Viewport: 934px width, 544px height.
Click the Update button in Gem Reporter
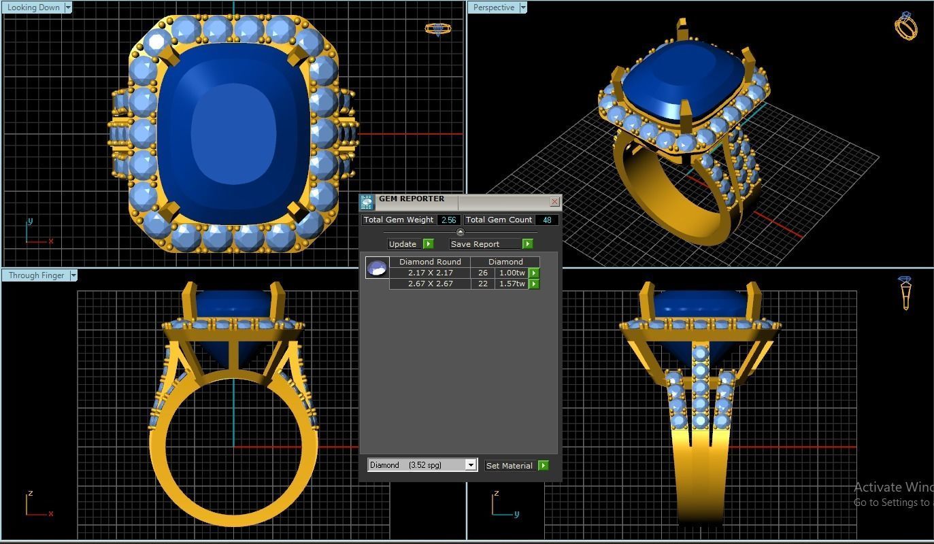[x=403, y=244]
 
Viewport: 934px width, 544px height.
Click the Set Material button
[x=510, y=466]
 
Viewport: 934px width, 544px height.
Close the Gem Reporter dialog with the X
[x=554, y=201]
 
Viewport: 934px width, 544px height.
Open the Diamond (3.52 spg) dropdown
[x=470, y=465]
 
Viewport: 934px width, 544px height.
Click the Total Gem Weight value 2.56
[x=448, y=220]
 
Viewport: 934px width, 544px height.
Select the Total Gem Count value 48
[x=547, y=220]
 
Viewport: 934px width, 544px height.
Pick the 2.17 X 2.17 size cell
[x=430, y=273]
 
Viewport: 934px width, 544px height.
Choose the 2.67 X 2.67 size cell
[x=430, y=284]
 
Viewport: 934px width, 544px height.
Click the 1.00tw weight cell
[x=512, y=273]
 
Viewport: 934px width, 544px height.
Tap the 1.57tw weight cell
[x=512, y=284]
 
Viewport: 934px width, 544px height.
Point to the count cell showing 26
[x=483, y=273]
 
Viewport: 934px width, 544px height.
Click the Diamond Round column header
[x=430, y=262]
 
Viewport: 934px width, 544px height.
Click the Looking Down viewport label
[x=33, y=7]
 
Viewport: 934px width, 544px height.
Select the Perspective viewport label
[x=494, y=7]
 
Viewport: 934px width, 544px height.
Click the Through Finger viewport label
[x=36, y=275]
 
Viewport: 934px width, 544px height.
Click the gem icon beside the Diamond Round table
[x=377, y=268]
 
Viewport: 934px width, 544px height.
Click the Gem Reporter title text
[x=412, y=199]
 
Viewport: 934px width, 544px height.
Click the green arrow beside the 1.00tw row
[x=534, y=273]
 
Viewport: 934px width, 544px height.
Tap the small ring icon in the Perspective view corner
[x=905, y=26]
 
